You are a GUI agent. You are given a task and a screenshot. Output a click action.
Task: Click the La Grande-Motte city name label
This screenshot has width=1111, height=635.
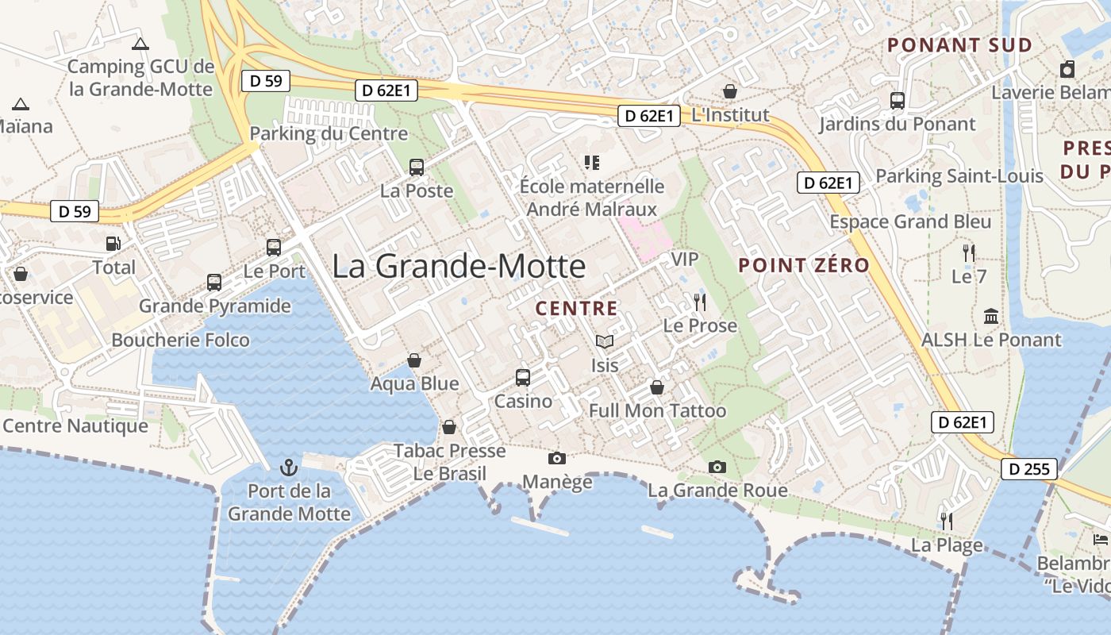pos(459,266)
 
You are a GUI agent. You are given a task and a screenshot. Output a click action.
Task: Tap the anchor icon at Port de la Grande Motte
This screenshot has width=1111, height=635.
pos(289,467)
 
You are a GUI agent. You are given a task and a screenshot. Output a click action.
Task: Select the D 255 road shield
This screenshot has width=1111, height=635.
pos(1029,469)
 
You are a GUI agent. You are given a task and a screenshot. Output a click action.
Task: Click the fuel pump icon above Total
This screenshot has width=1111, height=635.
pos(113,244)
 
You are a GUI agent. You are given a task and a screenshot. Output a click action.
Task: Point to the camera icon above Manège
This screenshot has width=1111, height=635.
pos(557,458)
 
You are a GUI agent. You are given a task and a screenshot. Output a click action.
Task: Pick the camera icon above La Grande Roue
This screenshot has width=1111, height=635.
pos(717,467)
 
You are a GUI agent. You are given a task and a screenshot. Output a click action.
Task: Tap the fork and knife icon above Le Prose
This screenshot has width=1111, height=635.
pos(699,302)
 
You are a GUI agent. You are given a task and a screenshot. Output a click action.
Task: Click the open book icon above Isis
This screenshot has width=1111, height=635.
pos(605,341)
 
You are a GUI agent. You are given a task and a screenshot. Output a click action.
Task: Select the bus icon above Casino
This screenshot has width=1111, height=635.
pos(522,377)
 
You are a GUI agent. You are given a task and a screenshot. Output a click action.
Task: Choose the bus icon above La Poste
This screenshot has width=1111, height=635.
pos(417,167)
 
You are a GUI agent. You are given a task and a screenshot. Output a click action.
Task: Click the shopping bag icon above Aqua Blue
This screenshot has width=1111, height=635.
pos(413,360)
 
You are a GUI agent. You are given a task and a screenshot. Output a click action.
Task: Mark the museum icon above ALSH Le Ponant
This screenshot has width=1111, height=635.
pos(990,316)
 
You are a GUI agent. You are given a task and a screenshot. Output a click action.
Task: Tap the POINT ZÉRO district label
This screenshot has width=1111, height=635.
pos(804,265)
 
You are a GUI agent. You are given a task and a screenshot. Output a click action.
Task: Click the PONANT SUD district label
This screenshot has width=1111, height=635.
pos(959,45)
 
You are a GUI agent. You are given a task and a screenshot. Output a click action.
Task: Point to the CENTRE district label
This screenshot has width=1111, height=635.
pos(576,308)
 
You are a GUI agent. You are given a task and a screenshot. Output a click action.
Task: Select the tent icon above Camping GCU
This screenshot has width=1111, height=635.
pos(140,44)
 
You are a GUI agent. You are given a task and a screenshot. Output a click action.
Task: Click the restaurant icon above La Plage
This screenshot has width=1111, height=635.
pos(946,521)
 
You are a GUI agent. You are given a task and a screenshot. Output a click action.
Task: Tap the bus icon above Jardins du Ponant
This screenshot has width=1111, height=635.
pos(897,101)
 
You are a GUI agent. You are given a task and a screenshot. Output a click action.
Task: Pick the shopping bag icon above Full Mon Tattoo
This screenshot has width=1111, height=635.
pos(657,387)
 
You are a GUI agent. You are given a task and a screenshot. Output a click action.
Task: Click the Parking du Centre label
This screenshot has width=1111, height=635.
pos(329,133)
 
